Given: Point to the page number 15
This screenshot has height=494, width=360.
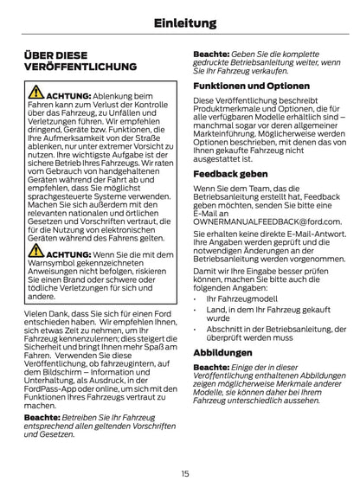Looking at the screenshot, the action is [185, 473].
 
